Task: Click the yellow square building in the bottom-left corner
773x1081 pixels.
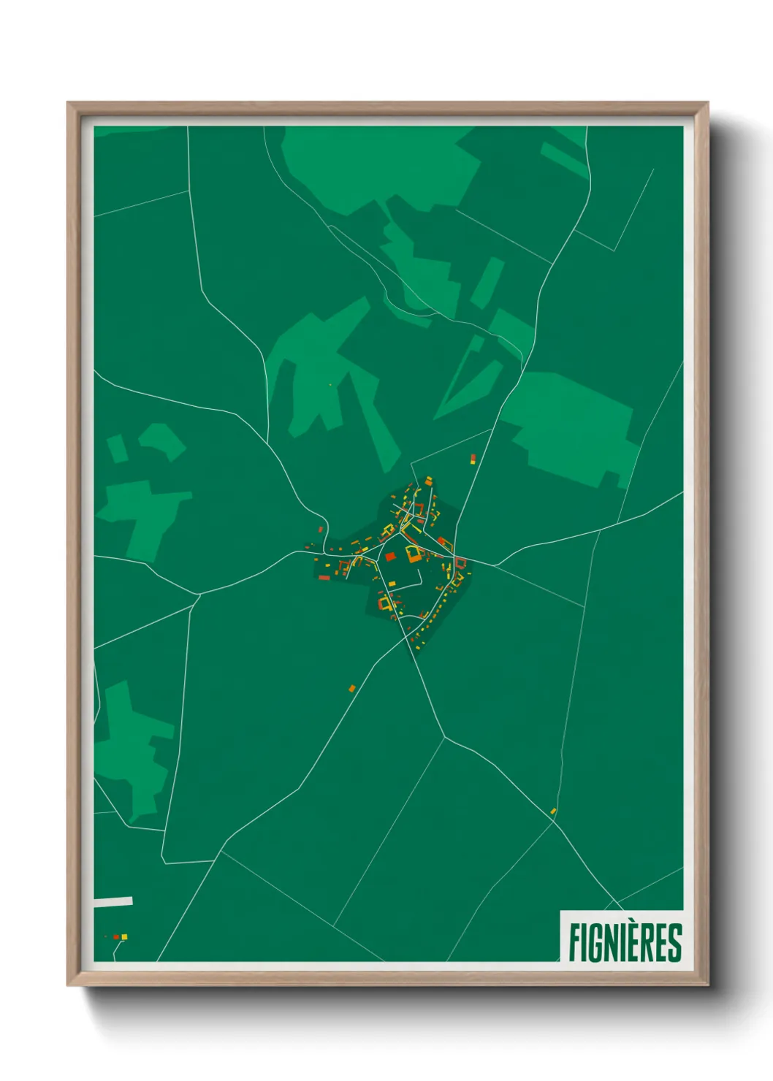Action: click(124, 936)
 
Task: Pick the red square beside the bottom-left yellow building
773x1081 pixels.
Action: click(116, 936)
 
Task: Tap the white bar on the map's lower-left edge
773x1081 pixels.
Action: click(113, 901)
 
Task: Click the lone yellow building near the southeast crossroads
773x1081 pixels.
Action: click(553, 811)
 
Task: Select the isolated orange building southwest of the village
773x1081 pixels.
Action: click(351, 688)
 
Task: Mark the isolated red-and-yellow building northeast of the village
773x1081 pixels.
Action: click(473, 459)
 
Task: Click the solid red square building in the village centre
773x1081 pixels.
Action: click(389, 557)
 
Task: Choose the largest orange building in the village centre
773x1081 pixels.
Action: click(414, 554)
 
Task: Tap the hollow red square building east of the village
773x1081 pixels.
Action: click(460, 562)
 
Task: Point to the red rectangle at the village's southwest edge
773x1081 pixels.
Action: click(324, 578)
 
